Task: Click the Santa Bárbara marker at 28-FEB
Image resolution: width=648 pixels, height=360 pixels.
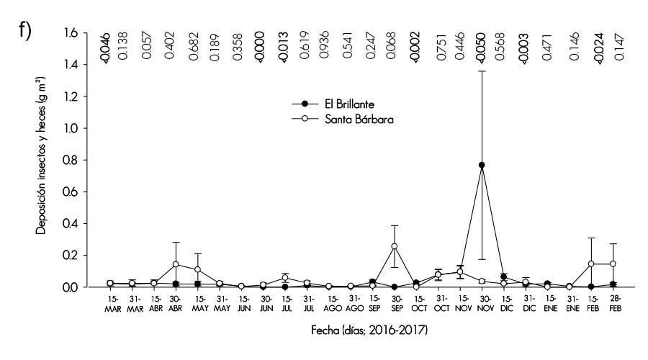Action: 613,264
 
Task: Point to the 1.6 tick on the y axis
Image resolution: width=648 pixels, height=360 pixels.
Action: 86,33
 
